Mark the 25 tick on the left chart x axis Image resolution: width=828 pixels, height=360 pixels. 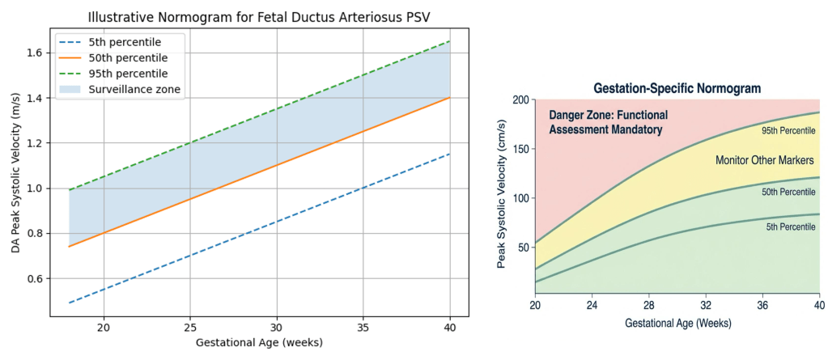click(189, 327)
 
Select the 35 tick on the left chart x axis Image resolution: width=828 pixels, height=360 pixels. click(363, 327)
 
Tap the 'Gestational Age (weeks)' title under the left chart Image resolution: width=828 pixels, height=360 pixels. click(259, 341)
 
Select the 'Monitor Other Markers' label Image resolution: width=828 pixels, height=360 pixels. click(765, 160)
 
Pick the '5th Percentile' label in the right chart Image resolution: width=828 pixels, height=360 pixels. click(790, 227)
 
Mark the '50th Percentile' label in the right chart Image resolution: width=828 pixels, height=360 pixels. click(788, 193)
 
